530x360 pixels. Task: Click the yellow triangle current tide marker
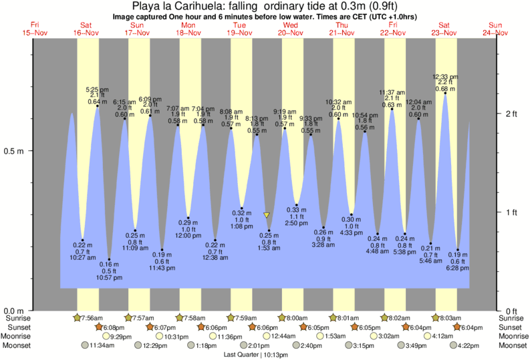[267, 215]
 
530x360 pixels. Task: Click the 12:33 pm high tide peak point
[445, 94]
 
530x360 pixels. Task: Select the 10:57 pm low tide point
[110, 260]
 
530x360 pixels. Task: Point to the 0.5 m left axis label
[15, 150]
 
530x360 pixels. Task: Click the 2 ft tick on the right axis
[511, 114]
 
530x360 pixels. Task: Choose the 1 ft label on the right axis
[511, 212]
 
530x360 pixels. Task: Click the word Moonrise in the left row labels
[17, 337]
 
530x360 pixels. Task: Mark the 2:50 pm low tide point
[297, 205]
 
